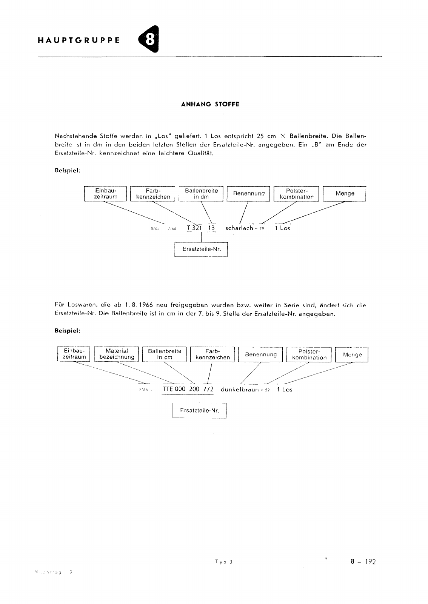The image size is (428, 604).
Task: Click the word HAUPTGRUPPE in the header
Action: tap(79, 40)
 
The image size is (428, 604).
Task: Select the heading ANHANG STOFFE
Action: tap(210, 104)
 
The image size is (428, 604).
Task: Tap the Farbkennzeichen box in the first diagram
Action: tap(153, 194)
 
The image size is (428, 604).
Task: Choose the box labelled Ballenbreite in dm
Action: tap(201, 194)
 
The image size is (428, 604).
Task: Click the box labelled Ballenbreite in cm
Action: tap(165, 354)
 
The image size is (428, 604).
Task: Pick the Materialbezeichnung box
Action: tap(117, 354)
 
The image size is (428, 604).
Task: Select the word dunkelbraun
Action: tap(239, 389)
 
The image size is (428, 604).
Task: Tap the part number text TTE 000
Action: tap(174, 389)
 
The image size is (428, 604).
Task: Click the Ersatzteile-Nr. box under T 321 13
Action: tap(202, 249)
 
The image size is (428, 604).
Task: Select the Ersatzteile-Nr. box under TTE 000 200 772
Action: tap(199, 410)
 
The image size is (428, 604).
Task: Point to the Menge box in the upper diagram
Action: tap(345, 194)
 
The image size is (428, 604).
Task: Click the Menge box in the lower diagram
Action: tap(352, 355)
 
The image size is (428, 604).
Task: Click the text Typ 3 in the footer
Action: tap(224, 561)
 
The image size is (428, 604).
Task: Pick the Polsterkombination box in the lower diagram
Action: tap(309, 354)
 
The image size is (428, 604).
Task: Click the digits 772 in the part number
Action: tap(208, 389)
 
